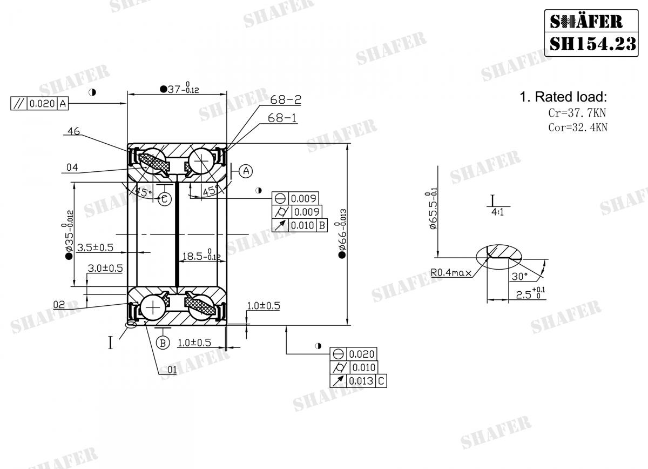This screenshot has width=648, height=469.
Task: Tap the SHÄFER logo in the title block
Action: point(586,21)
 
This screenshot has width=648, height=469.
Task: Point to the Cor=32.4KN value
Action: point(578,128)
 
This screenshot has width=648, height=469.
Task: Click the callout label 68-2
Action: point(286,100)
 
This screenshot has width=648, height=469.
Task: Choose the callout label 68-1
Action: point(282,118)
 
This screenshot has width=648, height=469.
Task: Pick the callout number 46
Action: point(74,131)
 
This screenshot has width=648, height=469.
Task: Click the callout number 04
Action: point(72,167)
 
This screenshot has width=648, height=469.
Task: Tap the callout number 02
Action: point(59,304)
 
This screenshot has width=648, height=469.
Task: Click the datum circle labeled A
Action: point(246,171)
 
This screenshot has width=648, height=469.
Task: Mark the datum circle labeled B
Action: point(161,342)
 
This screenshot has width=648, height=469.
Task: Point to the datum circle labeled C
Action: point(165,199)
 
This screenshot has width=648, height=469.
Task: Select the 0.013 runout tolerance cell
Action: point(360,381)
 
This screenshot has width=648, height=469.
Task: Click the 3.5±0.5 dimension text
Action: point(95,247)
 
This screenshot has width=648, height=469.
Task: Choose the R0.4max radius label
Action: point(452,273)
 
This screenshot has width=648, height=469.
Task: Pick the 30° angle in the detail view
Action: point(519,276)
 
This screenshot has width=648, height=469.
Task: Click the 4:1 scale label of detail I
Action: point(497,212)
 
